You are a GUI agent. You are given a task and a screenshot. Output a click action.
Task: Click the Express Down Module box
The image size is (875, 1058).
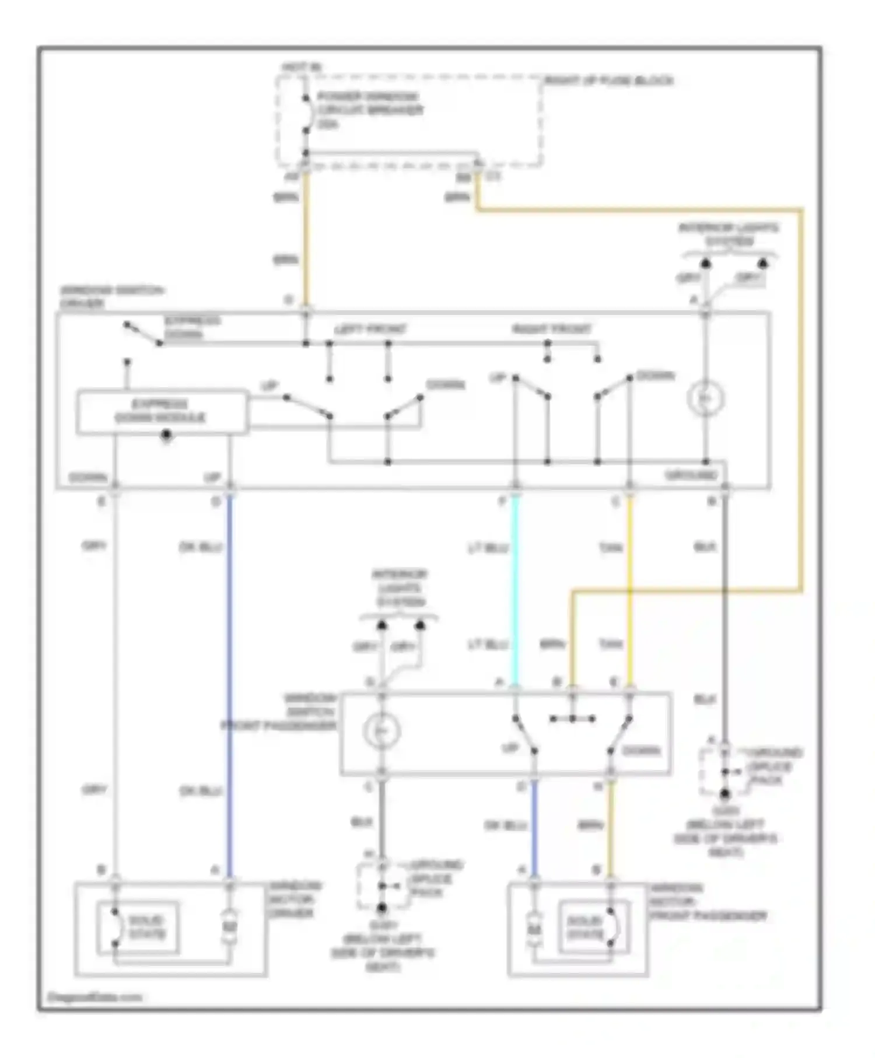coord(162,412)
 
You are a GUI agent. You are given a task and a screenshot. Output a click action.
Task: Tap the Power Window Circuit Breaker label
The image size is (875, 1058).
coord(369,110)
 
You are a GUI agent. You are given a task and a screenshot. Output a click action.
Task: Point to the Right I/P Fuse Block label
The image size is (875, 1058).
coord(608,81)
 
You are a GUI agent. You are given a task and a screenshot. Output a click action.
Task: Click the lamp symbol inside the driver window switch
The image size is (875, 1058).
coord(705,399)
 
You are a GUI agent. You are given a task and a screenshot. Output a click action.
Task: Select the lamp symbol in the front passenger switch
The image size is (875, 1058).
coord(381,730)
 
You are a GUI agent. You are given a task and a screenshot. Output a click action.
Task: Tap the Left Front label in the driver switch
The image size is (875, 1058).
coord(370,330)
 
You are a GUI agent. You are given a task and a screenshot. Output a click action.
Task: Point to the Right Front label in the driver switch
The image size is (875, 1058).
coord(551,330)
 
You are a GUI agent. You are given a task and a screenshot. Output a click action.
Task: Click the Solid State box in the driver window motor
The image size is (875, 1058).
coord(138,927)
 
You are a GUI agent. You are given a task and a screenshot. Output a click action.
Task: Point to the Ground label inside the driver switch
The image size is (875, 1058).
coord(691,475)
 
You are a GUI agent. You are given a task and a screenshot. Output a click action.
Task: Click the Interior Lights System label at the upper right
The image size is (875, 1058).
coord(729,234)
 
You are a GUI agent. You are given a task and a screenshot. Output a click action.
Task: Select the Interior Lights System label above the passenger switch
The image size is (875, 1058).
coord(400,588)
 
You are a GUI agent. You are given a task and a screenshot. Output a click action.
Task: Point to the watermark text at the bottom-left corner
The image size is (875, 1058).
coord(95,997)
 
